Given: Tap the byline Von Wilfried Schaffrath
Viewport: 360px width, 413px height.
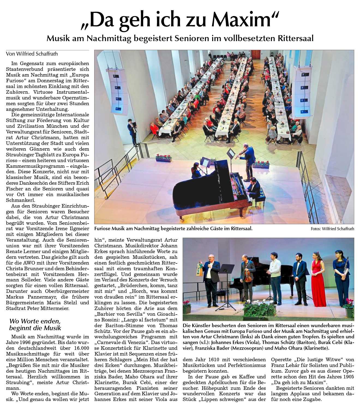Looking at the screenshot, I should click(32, 54).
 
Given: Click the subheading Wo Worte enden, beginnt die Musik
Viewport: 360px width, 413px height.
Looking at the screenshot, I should click(35, 324).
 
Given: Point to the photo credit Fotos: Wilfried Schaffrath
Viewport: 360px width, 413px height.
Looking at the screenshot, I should click(332, 229).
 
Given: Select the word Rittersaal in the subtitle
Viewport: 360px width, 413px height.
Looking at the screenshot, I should click(296, 38).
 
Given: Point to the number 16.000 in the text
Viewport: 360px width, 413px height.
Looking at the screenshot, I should click(81, 348).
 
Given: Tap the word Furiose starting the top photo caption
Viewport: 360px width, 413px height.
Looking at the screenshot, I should click(103, 229).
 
